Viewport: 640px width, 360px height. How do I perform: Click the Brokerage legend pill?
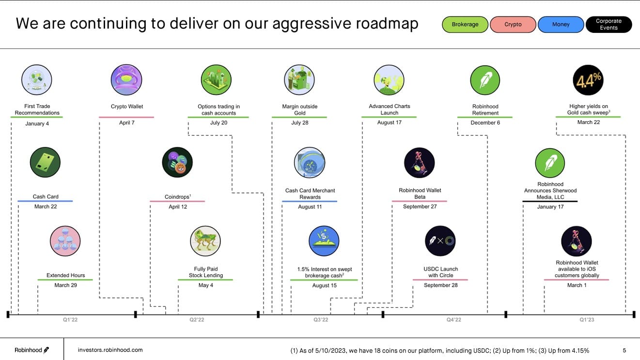(465, 24)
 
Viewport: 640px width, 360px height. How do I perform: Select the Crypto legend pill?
(513, 24)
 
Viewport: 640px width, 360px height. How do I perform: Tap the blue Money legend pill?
(561, 24)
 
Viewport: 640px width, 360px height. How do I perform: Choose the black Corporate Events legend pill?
(609, 24)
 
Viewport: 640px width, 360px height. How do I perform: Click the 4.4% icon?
(588, 80)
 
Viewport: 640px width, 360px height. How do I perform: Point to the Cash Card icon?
(45, 162)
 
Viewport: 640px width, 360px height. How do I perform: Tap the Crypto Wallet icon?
(126, 80)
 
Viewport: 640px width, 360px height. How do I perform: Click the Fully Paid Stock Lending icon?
(205, 241)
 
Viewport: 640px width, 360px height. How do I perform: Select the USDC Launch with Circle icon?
(440, 241)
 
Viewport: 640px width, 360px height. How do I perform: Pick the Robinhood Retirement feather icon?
(485, 80)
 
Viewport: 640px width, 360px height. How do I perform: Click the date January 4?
(37, 124)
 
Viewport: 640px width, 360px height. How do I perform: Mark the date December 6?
(485, 123)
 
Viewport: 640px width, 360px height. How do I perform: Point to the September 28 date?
(440, 285)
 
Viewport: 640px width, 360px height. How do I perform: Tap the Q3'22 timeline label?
(321, 320)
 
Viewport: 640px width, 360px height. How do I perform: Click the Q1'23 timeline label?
(586, 320)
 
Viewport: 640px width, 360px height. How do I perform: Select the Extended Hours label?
(65, 275)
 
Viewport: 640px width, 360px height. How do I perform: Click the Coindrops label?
(177, 197)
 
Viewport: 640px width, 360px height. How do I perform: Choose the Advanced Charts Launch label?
(389, 110)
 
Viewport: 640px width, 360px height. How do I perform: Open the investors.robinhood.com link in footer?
(110, 350)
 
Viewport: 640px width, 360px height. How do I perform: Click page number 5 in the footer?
(624, 350)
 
